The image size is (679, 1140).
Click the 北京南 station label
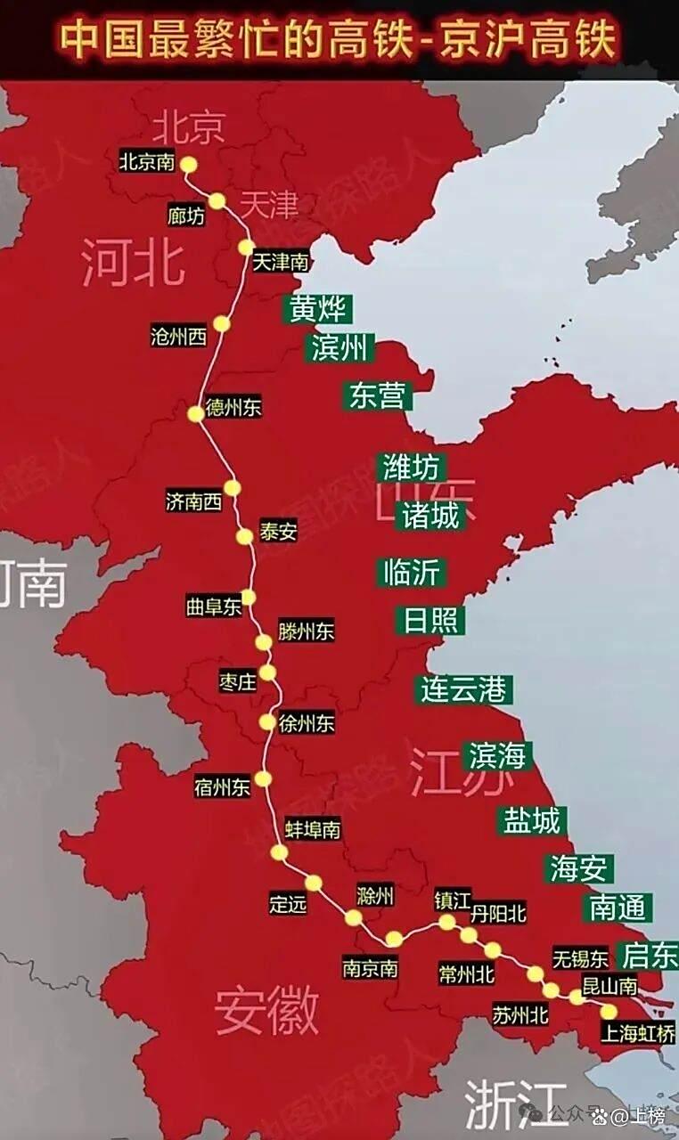pyautogui.click(x=148, y=163)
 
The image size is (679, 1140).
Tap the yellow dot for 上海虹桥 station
pyautogui.click(x=609, y=1011)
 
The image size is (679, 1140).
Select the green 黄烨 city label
pyautogui.click(x=317, y=308)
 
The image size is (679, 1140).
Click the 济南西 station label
pyautogui.click(x=193, y=501)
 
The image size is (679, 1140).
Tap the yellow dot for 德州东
pyautogui.click(x=196, y=414)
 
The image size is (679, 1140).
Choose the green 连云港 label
pyautogui.click(x=463, y=689)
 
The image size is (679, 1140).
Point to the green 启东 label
pyautogui.click(x=650, y=956)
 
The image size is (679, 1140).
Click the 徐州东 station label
pyautogui.click(x=307, y=723)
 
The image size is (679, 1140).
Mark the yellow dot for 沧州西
pyautogui.click(x=221, y=324)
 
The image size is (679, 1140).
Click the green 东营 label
pyautogui.click(x=377, y=395)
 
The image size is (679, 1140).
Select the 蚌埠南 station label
pyautogui.click(x=312, y=829)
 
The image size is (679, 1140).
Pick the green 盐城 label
pyautogui.click(x=532, y=820)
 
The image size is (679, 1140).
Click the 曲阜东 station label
pyautogui.click(x=214, y=607)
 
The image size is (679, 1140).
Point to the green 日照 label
pyautogui.click(x=430, y=621)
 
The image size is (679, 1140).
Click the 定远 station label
pyautogui.click(x=288, y=903)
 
